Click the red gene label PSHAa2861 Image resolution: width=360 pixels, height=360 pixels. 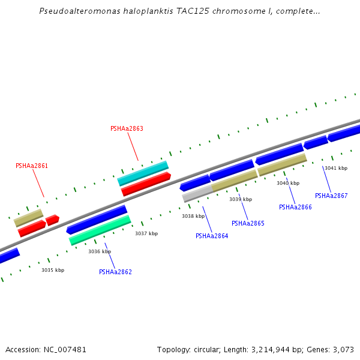32,166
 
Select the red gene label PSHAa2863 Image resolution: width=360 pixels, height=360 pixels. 127,128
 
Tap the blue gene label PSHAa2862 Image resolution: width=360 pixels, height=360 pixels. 115,272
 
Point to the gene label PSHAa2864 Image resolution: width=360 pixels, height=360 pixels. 212,236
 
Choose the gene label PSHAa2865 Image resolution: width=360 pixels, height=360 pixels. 248,223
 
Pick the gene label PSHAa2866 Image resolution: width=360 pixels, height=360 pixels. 295,207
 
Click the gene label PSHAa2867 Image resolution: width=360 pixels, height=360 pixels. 331,196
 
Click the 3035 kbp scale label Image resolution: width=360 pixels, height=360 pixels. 53,270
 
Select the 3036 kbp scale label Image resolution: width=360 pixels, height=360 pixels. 100,251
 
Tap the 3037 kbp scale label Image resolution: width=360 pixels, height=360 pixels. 146,233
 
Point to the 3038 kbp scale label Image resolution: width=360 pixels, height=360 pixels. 193,216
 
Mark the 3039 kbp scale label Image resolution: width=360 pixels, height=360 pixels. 241,199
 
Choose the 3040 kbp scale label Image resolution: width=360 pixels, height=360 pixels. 288,183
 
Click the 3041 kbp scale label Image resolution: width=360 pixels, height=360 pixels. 336,168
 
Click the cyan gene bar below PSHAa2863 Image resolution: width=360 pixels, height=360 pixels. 143,173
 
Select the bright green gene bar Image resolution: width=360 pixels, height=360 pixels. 100,230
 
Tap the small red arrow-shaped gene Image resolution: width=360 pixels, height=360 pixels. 52,220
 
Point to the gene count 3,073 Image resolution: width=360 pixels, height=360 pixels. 343,349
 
